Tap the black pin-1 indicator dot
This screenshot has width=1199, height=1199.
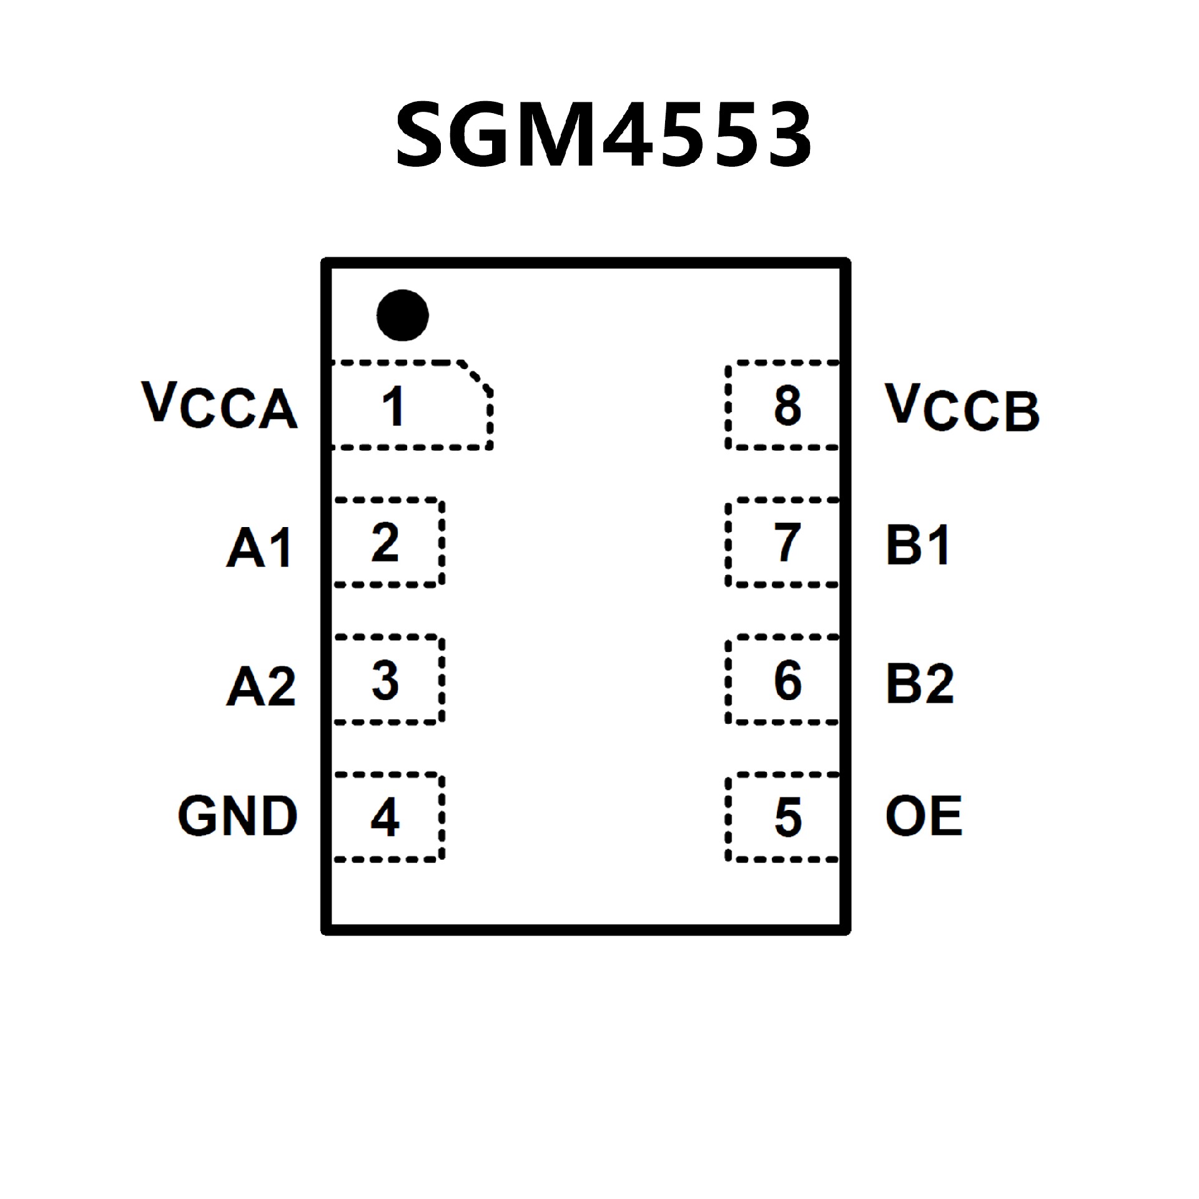click(x=403, y=315)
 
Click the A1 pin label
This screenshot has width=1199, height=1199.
click(x=259, y=547)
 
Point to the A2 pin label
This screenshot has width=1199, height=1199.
click(x=260, y=686)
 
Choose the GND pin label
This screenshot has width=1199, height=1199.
click(x=238, y=816)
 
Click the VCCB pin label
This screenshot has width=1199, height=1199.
click(x=962, y=407)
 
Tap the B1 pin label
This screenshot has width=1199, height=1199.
click(x=918, y=545)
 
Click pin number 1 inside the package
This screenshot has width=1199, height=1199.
click(x=393, y=406)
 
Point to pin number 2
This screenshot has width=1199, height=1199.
click(x=385, y=543)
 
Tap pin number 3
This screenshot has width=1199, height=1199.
click(x=385, y=680)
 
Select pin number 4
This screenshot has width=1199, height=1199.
click(x=385, y=817)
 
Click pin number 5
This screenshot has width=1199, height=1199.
click(x=787, y=817)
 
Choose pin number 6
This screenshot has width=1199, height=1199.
click(x=787, y=680)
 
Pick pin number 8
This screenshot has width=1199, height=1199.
click(x=787, y=406)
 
